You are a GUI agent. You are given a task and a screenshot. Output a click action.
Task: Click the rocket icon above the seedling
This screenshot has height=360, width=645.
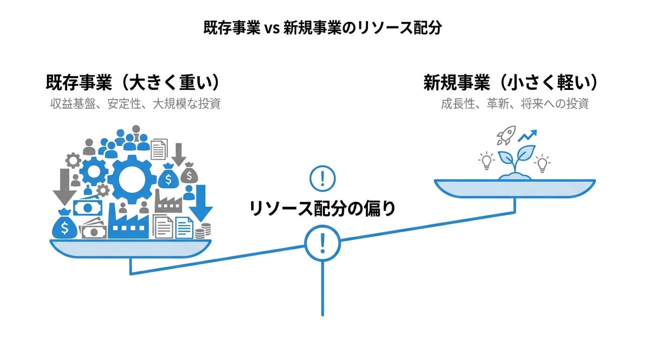coord(506,135)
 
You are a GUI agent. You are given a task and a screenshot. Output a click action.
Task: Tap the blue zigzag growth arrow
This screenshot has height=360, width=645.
coord(527,136)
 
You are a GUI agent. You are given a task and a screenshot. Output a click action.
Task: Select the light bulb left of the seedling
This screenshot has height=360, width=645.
coord(487,162)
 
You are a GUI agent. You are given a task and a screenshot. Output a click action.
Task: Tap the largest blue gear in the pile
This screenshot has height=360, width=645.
coord(132,179)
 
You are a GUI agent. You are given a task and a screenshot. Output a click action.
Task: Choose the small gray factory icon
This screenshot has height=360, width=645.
coord(168,203)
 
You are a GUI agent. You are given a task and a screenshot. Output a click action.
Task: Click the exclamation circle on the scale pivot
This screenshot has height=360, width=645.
coord(322,242)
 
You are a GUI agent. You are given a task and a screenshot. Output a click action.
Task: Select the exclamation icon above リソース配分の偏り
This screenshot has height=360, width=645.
coord(322,178)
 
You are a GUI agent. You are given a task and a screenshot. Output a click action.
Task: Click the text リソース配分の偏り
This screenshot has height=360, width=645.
coord(322,209)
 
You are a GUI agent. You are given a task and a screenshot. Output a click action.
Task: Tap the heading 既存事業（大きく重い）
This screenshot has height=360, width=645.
coord(133,83)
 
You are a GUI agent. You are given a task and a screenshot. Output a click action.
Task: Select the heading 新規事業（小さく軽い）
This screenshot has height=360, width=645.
coord(511,83)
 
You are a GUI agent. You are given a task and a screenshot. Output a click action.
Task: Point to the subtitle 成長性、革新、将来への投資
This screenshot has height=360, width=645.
coord(514,104)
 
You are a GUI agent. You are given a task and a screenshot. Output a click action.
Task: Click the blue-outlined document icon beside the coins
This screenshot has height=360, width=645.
coord(184,227)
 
